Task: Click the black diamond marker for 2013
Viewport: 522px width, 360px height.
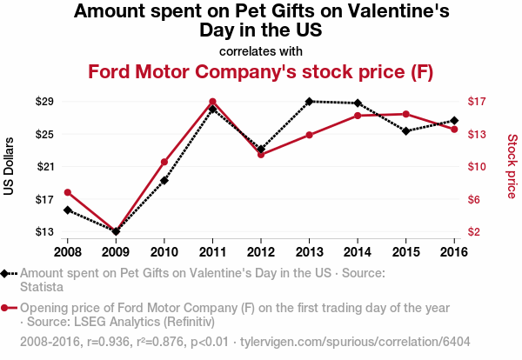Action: (309, 102)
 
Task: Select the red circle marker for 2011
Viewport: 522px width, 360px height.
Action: (212, 102)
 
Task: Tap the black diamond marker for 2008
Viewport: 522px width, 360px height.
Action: (67, 210)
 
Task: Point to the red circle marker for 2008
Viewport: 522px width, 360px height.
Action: (67, 192)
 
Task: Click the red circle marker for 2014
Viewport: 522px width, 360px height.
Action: (358, 116)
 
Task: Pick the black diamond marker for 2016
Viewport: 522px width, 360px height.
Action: (454, 121)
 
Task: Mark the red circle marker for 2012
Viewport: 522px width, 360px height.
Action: (261, 155)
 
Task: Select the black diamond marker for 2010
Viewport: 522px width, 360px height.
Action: (164, 180)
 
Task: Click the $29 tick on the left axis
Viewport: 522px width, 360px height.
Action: (44, 102)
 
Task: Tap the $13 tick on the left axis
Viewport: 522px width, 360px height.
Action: (44, 232)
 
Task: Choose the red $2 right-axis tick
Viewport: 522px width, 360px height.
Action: (475, 232)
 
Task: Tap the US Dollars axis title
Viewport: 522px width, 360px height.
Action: (10, 166)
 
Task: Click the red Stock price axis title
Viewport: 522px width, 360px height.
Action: (512, 166)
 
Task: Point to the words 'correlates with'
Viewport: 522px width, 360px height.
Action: (261, 51)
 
